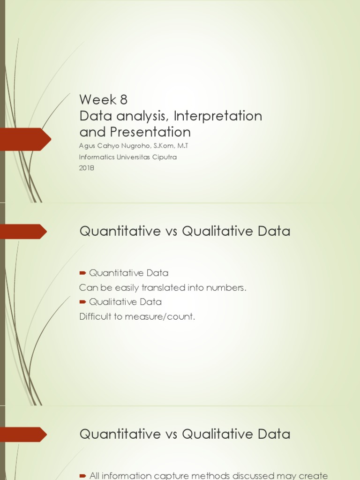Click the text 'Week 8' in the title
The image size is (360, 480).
[103, 100]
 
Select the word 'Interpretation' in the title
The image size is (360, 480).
[218, 116]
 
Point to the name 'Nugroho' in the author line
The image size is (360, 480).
[134, 146]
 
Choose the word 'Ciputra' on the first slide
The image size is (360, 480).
[164, 157]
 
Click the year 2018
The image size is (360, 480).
[87, 168]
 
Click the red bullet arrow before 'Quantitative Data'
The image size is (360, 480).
[82, 273]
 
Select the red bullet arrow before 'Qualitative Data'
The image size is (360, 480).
[82, 302]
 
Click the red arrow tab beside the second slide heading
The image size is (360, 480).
[23, 232]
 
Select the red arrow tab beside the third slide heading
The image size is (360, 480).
[23, 435]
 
